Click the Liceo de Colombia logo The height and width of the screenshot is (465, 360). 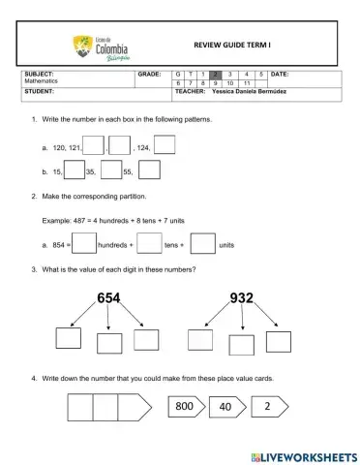tap(100, 47)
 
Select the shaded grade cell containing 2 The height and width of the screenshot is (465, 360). tap(217, 74)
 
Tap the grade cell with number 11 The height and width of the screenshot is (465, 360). tap(247, 83)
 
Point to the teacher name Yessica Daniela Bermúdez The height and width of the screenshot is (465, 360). tap(249, 92)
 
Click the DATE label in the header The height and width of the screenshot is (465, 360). tap(279, 74)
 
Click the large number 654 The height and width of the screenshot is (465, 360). tap(108, 298)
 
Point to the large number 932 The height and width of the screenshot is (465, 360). tap(242, 298)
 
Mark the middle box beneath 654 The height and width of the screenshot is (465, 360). tap(108, 343)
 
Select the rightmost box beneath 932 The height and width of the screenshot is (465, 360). tap(279, 341)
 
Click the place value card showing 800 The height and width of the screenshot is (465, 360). tap(184, 407)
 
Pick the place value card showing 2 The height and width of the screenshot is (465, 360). tap(266, 407)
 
